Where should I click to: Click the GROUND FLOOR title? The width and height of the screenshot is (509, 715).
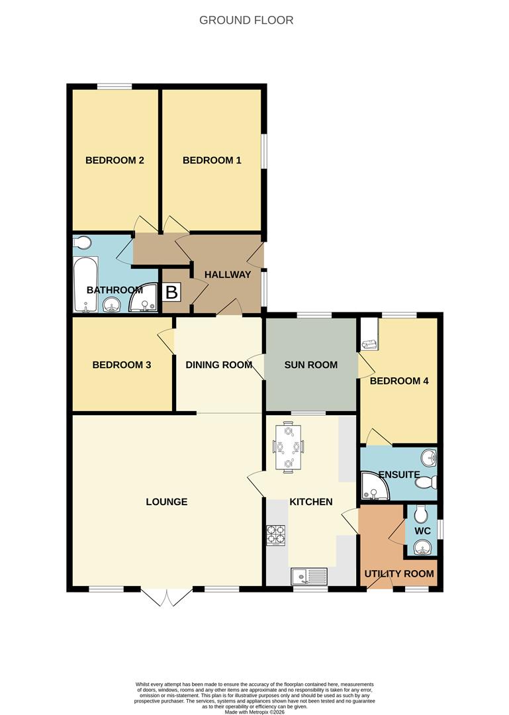coord(246,20)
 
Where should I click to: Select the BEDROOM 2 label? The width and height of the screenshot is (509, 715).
coord(115,160)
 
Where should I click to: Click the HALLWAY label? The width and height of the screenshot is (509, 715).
coord(228,275)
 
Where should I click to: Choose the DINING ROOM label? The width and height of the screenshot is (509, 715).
coord(219,365)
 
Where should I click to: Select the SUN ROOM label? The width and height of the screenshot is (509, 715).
coord(311,365)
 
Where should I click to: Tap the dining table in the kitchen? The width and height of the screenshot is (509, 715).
coord(289,447)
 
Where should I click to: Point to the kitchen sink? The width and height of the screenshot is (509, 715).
coord(309,577)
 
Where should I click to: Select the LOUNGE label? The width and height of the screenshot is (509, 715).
coord(167,502)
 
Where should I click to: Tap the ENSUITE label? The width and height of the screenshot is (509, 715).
coord(399,475)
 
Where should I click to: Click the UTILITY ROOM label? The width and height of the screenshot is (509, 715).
coord(399,574)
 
